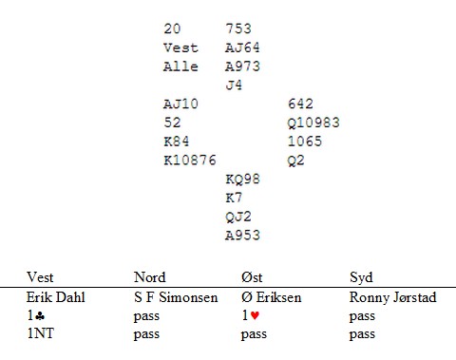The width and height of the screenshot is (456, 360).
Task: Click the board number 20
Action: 172,28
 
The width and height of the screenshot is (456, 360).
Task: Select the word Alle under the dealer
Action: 180,66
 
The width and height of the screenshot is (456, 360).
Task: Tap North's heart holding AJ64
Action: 242,47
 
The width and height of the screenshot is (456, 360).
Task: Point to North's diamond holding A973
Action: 242,66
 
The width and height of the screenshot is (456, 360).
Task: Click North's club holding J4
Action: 234,85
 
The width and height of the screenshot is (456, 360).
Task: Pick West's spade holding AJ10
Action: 180,104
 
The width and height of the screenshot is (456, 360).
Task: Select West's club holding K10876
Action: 190,161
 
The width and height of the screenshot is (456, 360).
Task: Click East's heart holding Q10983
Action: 313,123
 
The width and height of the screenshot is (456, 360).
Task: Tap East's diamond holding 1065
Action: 305,142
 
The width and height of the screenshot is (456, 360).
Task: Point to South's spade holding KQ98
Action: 242,180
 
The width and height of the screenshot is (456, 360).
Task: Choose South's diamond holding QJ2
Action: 238,217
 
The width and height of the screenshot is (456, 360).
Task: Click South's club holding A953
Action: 242,236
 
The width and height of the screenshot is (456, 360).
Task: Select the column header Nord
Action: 150,277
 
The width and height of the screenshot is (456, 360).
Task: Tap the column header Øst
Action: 252,277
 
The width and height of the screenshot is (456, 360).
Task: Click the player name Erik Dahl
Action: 56,297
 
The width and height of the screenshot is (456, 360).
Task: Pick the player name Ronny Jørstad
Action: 393,297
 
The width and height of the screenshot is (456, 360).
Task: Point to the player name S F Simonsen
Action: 176,297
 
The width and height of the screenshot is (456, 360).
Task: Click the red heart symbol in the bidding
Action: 255,315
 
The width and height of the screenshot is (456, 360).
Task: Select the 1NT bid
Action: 41,333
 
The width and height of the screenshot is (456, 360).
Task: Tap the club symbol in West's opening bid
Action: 40,315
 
